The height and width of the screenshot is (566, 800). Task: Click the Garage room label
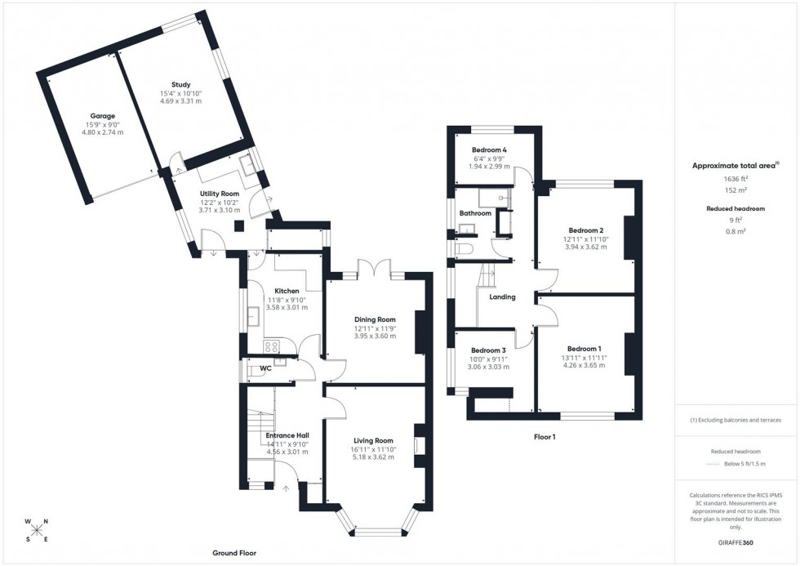(102, 116)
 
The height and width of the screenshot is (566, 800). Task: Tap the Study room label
(180, 85)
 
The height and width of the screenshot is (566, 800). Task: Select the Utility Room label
(219, 194)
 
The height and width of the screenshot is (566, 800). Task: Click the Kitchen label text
(287, 291)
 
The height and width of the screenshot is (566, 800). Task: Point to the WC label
(265, 368)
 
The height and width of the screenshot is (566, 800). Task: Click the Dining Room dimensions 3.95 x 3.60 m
(375, 336)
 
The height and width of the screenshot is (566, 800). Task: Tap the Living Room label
(373, 441)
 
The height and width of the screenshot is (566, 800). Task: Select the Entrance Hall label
(287, 435)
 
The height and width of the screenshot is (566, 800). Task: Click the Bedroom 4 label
(489, 150)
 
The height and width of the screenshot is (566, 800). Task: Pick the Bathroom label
(475, 213)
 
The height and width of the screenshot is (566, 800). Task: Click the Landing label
(502, 296)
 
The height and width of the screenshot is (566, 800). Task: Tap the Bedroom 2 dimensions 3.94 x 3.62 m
(585, 247)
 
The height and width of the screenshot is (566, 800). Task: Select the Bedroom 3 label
(489, 350)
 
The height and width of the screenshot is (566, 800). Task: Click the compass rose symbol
(37, 530)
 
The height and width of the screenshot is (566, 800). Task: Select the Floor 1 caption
(544, 437)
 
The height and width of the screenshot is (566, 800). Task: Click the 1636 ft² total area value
(736, 179)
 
